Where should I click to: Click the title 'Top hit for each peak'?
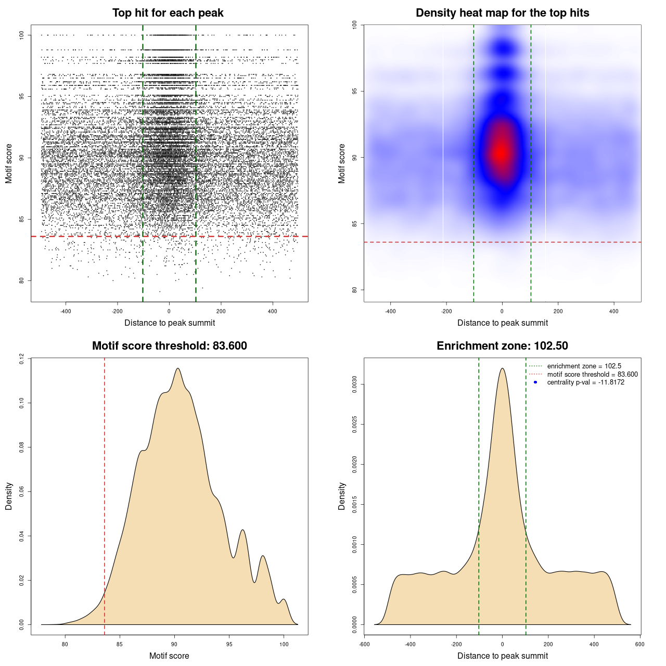coord(168,13)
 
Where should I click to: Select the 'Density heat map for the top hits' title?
coord(502,13)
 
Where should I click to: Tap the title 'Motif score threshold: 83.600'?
coord(169,346)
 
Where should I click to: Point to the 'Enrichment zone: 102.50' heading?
coord(502,346)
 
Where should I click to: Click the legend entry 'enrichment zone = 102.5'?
coord(584,366)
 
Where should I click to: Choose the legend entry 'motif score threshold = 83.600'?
coord(592,375)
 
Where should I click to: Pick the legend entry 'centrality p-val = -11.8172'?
coord(585,382)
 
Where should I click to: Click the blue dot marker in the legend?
coord(535,382)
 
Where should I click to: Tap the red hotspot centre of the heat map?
coord(501,152)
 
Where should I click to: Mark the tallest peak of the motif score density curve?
coord(178,368)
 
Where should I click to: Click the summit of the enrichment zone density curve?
coord(502,368)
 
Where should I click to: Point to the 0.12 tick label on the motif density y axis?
coord(21,358)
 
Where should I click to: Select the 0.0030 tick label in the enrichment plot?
coord(354,385)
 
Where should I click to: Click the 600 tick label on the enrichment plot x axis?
coord(639,644)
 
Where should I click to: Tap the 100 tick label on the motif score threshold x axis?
coord(284,644)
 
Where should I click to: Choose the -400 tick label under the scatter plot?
coord(66,311)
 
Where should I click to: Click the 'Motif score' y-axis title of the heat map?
coord(342,163)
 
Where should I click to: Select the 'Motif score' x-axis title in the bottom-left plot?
coord(169,656)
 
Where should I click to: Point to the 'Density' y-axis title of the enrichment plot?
coord(342,496)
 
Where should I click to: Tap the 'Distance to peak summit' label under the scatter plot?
coord(170,323)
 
